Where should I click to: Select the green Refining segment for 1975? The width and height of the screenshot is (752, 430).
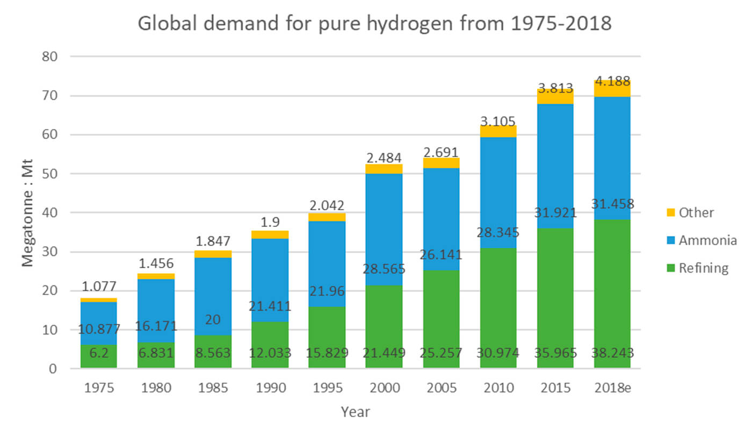point(99,356)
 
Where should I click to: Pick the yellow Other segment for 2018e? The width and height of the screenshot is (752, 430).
point(612,89)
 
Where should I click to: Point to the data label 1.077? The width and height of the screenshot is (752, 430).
point(99,286)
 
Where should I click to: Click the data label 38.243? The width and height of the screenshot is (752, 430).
point(612,354)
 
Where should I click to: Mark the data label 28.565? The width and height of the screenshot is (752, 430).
point(384,269)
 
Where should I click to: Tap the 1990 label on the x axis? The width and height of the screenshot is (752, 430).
point(270,388)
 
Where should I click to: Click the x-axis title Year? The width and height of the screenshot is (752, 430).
point(355,412)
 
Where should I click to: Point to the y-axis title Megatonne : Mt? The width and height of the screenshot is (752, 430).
point(27,213)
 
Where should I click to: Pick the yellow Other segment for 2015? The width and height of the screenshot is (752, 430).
point(555,96)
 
